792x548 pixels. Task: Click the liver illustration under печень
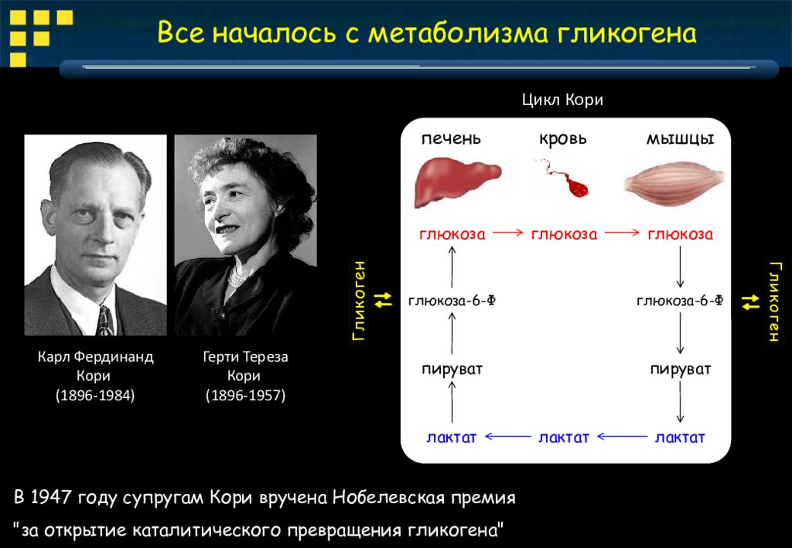pyautogui.click(x=458, y=182)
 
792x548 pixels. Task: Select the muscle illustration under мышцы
pyautogui.click(x=674, y=182)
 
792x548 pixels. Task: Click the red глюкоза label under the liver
pyautogui.click(x=452, y=234)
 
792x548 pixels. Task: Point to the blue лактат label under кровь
pyautogui.click(x=564, y=437)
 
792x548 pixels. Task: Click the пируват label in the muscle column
pyautogui.click(x=681, y=369)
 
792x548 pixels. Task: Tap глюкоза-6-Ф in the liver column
pyautogui.click(x=452, y=301)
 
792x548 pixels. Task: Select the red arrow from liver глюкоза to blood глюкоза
pyautogui.click(x=508, y=233)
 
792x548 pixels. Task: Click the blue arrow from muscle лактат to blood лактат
pyautogui.click(x=623, y=437)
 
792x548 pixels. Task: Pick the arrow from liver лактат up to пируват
pyautogui.click(x=452, y=402)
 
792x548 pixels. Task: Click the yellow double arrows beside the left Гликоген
pyautogui.click(x=384, y=300)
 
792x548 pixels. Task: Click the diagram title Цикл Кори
pyautogui.click(x=563, y=100)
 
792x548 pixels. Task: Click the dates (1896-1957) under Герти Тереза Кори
pyautogui.click(x=245, y=395)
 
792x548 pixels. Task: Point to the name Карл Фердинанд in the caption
pyautogui.click(x=95, y=357)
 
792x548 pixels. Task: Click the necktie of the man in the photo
pyautogui.click(x=104, y=321)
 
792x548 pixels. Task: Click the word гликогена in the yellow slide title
pyautogui.click(x=627, y=32)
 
